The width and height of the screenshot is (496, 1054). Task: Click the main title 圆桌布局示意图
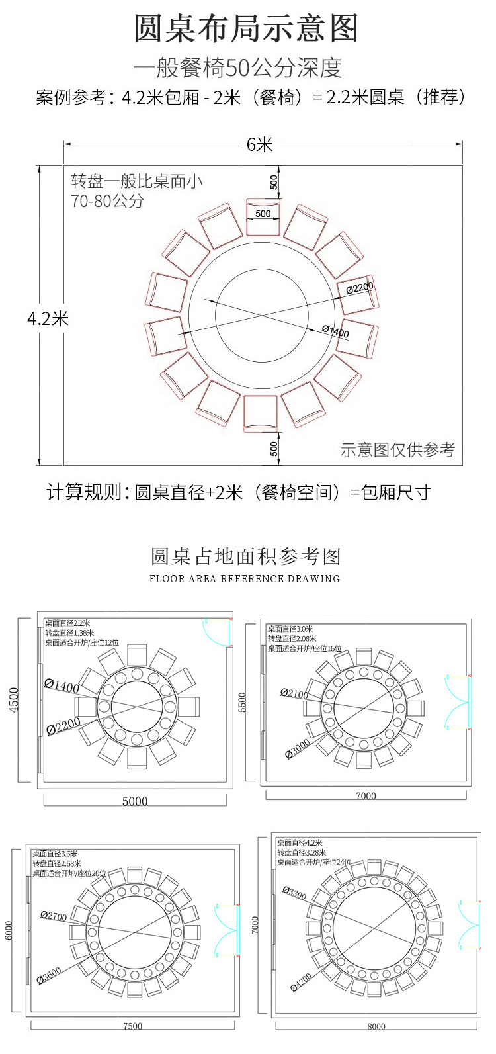(247, 29)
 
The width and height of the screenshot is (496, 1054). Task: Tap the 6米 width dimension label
(260, 144)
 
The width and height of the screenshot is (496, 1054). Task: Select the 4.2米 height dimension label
(48, 318)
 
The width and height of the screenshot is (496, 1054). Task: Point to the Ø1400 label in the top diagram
(335, 331)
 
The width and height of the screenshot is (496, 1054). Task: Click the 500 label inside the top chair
(263, 214)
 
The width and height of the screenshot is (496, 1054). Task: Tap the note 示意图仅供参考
(397, 450)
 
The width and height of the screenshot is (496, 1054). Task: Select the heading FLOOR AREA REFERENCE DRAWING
(245, 578)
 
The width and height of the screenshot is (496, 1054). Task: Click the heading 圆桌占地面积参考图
(246, 556)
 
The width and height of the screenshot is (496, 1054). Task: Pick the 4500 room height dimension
(15, 699)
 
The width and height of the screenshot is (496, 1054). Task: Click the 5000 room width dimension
(135, 801)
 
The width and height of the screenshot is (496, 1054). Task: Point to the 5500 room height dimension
(242, 702)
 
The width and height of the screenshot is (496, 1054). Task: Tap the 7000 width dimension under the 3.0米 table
(366, 796)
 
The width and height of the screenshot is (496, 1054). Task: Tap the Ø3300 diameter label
(294, 893)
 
